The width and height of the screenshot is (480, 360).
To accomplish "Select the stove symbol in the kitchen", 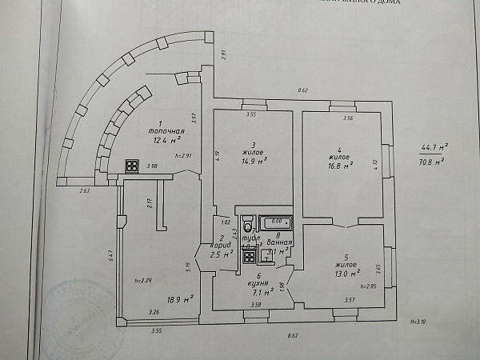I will [248, 257].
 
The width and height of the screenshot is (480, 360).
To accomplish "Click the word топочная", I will [167, 130].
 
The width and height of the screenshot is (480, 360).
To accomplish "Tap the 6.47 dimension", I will [111, 257].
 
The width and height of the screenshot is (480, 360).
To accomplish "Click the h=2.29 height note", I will [144, 280].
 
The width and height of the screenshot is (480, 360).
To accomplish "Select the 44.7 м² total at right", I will [433, 147].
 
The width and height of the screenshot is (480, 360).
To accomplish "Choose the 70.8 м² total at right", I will [432, 161].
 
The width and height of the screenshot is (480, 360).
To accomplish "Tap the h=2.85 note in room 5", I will [367, 286].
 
